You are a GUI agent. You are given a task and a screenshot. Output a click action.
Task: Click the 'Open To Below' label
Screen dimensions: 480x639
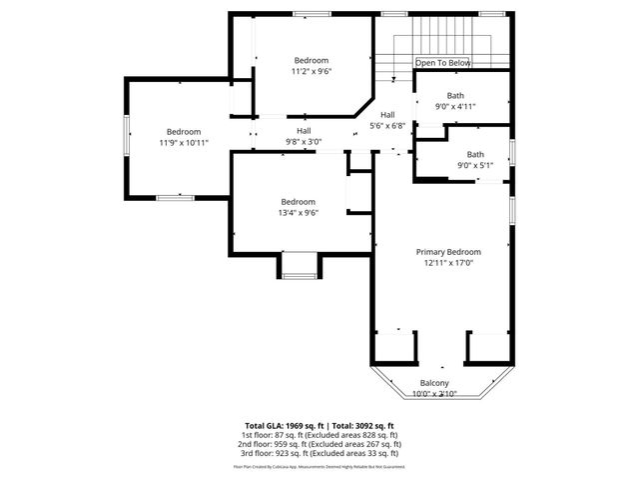(442, 62)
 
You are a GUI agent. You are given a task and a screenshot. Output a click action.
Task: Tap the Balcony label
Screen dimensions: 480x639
(433, 383)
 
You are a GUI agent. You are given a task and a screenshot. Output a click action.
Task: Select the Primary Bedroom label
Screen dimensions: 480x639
(448, 252)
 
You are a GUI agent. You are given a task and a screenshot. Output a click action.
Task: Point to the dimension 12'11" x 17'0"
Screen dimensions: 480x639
(448, 263)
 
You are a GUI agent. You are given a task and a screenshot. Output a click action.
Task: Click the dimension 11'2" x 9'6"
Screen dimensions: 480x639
(311, 71)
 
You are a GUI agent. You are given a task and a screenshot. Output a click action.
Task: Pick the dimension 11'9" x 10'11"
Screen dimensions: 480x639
(184, 143)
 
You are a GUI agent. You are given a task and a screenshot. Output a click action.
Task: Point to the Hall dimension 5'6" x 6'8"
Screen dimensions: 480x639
(387, 126)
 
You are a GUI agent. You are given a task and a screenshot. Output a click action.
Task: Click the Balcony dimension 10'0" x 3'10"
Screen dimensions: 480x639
(433, 394)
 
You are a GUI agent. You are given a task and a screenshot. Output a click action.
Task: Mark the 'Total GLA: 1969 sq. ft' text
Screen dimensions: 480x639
(282, 426)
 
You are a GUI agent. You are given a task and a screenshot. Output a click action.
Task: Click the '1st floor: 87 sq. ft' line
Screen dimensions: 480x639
(319, 436)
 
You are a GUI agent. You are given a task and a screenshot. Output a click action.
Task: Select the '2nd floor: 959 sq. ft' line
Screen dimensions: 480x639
(319, 445)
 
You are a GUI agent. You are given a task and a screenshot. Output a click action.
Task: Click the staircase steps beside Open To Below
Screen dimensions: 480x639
(444, 36)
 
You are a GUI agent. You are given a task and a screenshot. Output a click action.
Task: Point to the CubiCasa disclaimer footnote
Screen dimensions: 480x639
(319, 466)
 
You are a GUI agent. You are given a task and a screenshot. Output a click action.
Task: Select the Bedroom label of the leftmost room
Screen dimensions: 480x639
(184, 132)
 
